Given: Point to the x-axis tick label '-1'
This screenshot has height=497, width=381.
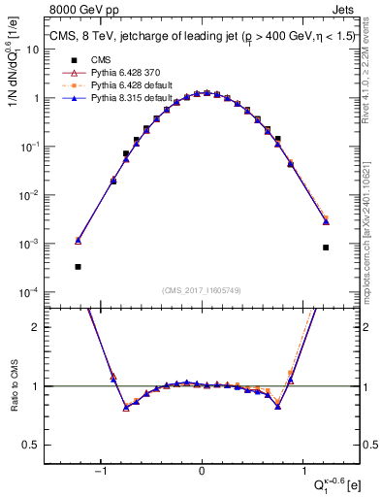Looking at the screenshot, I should (x=99, y=470).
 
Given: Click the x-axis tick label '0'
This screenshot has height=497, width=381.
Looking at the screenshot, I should (x=202, y=470).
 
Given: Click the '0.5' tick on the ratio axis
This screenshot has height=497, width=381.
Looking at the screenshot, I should (x=32, y=445).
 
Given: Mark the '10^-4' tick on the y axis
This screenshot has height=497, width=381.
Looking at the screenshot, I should (x=28, y=292).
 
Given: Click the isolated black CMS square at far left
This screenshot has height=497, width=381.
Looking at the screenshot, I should (x=78, y=266).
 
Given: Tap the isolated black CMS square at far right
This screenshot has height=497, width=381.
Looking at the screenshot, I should (x=326, y=248).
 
